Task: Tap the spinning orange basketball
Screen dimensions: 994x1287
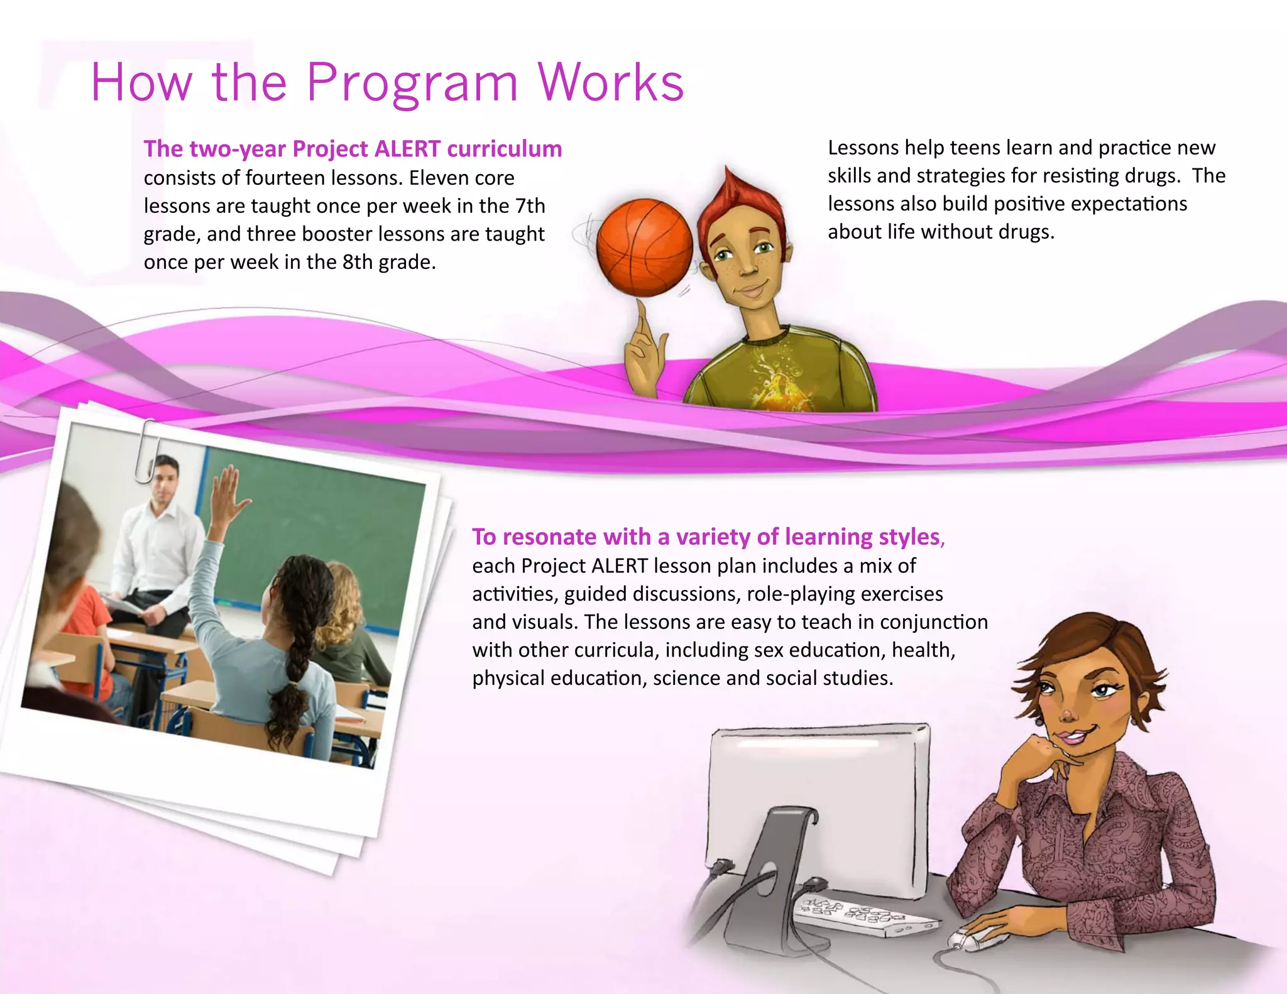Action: (643, 247)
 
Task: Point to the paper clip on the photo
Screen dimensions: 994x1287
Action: (145, 450)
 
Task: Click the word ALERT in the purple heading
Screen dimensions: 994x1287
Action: (407, 149)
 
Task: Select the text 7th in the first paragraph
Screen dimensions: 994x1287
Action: (530, 206)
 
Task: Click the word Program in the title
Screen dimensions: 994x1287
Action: (412, 84)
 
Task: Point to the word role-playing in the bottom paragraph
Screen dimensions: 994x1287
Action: (789, 594)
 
